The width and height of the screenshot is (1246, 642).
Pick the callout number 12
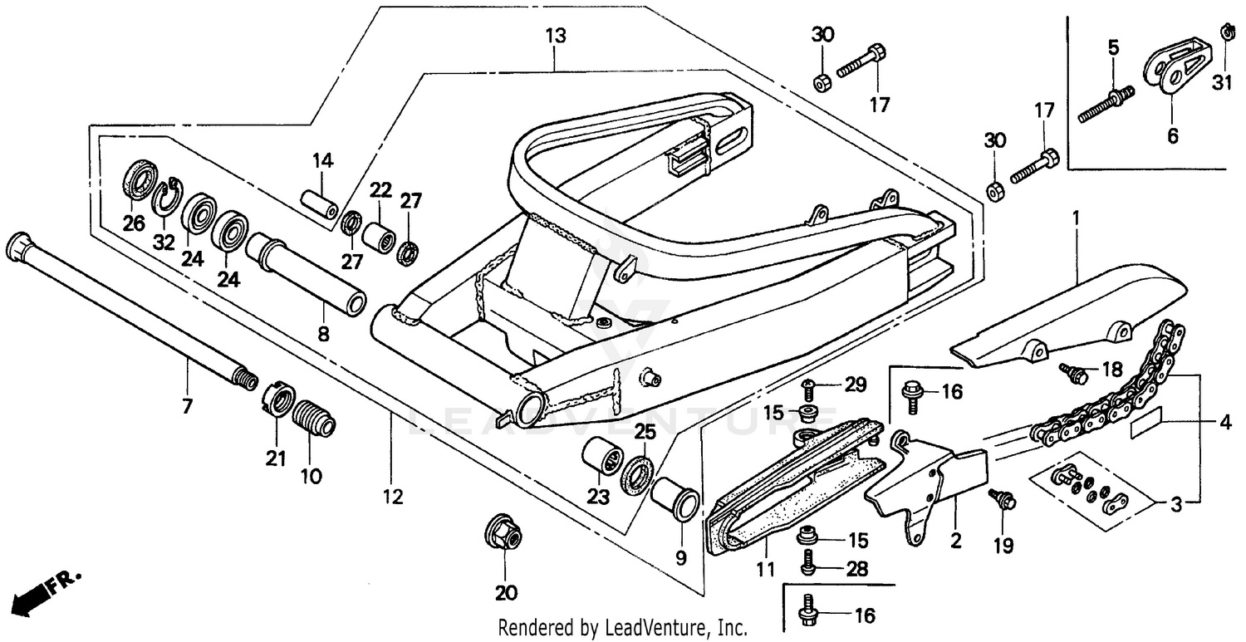pos(392,497)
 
